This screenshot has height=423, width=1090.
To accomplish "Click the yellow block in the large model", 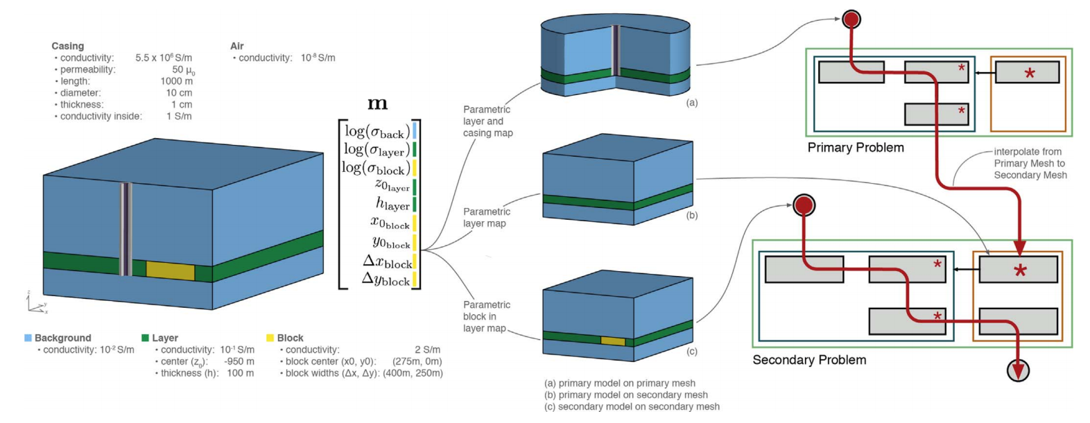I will pos(170,270).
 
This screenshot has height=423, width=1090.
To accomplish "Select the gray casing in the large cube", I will pos(126,229).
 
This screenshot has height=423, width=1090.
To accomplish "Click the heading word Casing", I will pos(67,46).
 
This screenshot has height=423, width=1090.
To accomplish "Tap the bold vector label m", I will pos(377,104).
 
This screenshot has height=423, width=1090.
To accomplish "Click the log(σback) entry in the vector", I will pos(374,131).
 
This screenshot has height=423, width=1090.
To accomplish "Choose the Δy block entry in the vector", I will pos(386,279).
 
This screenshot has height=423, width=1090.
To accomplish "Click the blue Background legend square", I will pos(28,338).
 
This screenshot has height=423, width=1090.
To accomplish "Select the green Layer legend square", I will pos(145,338).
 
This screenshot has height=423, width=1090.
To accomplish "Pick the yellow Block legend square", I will pos(270,338).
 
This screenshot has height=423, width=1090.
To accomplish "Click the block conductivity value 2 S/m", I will pos(427,349).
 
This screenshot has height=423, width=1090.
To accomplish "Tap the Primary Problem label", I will pos(855,148).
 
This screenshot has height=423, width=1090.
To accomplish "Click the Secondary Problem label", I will pos(809,360).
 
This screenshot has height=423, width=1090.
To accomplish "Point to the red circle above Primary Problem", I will pos(851,19).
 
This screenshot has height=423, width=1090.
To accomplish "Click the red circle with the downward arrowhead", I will pos(1017,370).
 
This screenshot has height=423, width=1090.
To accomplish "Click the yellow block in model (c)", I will pos(612,340).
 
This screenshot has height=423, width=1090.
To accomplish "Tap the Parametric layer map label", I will pos(486,217).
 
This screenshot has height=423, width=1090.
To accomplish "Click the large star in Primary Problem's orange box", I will pos(1030,73).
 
